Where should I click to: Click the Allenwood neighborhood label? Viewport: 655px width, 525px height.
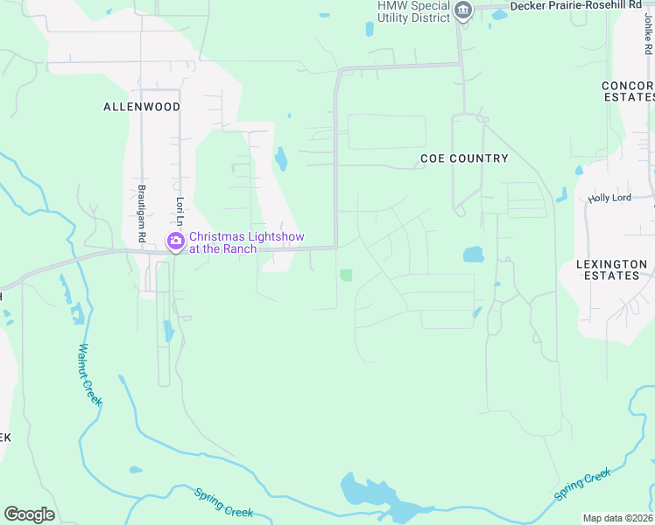[142, 107]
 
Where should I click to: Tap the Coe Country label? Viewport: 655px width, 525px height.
[464, 158]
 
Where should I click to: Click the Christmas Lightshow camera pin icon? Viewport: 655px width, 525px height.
[175, 241]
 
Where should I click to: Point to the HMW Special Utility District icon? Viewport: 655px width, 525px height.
[464, 11]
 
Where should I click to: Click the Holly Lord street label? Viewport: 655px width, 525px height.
[609, 199]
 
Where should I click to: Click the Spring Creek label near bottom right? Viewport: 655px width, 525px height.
[582, 485]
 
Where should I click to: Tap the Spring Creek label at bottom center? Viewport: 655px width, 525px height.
[223, 501]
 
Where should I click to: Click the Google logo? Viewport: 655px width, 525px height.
[29, 514]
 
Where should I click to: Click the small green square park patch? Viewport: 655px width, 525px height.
[346, 276]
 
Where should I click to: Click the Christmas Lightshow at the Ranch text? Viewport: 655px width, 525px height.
[223, 242]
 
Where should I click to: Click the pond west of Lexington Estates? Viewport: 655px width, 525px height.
[473, 255]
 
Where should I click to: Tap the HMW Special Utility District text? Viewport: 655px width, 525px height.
[413, 11]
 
